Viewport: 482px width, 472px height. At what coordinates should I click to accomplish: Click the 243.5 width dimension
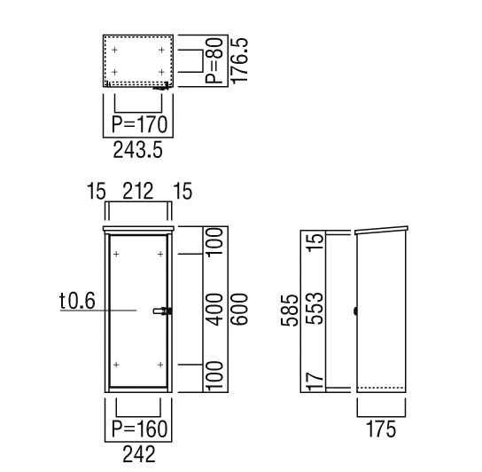pyautogui.click(x=137, y=151)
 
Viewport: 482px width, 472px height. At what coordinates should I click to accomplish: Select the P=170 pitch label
pyautogui.click(x=140, y=125)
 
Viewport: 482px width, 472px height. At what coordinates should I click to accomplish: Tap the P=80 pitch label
pyautogui.click(x=214, y=60)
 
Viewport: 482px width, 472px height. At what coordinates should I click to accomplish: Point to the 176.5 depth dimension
pyautogui.click(x=239, y=60)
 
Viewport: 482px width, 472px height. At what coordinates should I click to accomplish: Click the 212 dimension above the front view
pyautogui.click(x=138, y=192)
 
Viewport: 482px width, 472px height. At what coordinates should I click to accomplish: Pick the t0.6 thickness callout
pyautogui.click(x=77, y=301)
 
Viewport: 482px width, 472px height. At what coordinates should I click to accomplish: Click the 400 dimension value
pyautogui.click(x=214, y=310)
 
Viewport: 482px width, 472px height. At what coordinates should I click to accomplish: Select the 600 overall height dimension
pyautogui.click(x=239, y=310)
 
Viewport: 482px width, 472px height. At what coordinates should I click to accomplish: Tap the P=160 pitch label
pyautogui.click(x=140, y=429)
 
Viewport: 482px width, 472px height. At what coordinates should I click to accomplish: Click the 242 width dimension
pyautogui.click(x=139, y=454)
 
